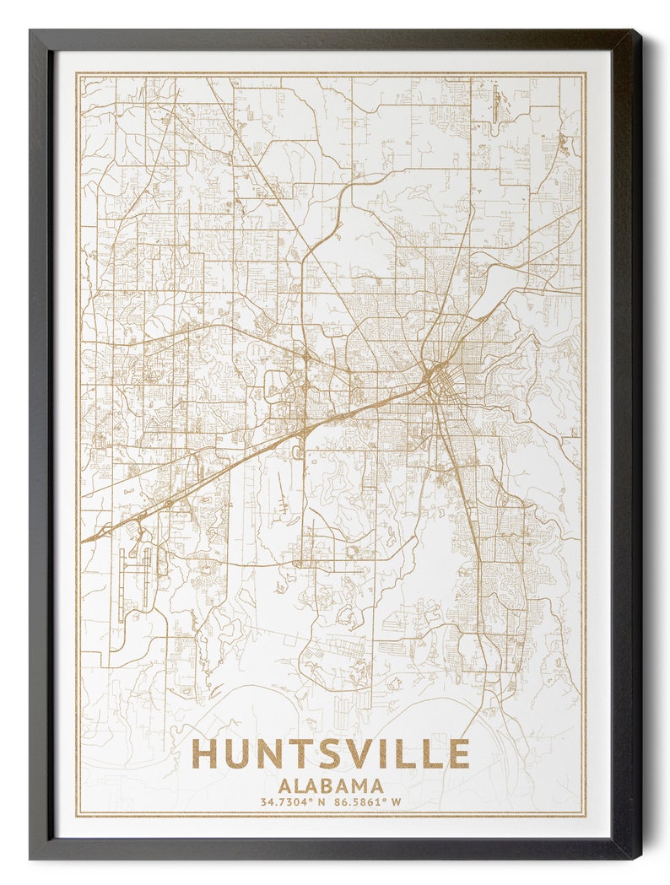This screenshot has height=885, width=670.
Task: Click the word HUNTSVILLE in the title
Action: pos(330,753)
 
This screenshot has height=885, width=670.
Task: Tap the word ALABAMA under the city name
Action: pos(330,785)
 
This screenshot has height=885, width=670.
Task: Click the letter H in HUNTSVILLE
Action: pos(205,753)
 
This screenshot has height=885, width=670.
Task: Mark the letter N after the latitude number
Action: pos(321,802)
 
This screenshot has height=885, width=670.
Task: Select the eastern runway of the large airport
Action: pos(147,578)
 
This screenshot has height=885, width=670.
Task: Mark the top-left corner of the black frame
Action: pos(31,31)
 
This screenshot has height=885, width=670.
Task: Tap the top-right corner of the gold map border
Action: pos(585,73)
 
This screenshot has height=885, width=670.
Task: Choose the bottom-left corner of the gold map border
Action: pos(77,816)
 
